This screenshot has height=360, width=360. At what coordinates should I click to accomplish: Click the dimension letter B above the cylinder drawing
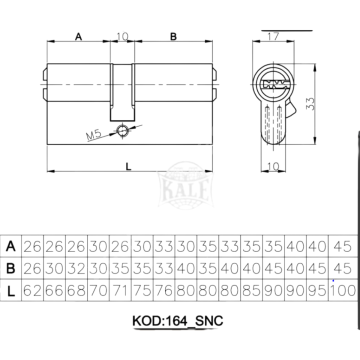pos(174,37)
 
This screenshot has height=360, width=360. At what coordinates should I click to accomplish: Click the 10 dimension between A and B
pos(123,37)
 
